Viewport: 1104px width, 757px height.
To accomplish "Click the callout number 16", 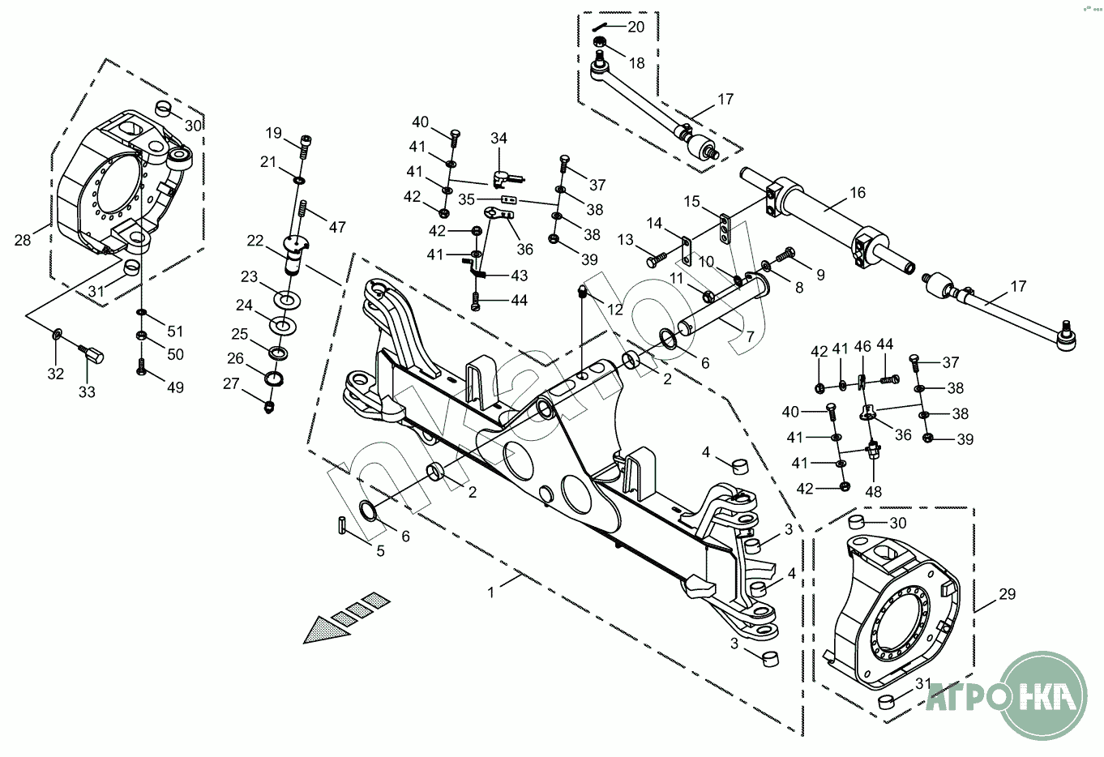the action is point(858,193).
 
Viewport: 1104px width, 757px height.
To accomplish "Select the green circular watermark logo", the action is point(1033,695).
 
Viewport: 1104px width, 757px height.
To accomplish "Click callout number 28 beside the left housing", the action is point(23,240).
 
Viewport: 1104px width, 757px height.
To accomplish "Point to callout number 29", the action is point(1008,594).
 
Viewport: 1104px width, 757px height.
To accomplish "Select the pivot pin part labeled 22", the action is point(295,254).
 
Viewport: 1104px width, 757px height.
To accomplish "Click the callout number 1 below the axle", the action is point(490,592).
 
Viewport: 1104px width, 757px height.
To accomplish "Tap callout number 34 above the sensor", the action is point(499,138).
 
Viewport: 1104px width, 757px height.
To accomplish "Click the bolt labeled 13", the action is point(656,259).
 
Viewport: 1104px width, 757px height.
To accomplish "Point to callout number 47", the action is point(337,227).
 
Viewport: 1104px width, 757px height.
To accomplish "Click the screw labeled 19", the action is point(305,147).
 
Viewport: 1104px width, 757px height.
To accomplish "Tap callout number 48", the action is point(873,492).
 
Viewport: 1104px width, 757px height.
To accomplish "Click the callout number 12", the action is point(615,310).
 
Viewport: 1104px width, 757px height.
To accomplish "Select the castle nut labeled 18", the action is point(599,41).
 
